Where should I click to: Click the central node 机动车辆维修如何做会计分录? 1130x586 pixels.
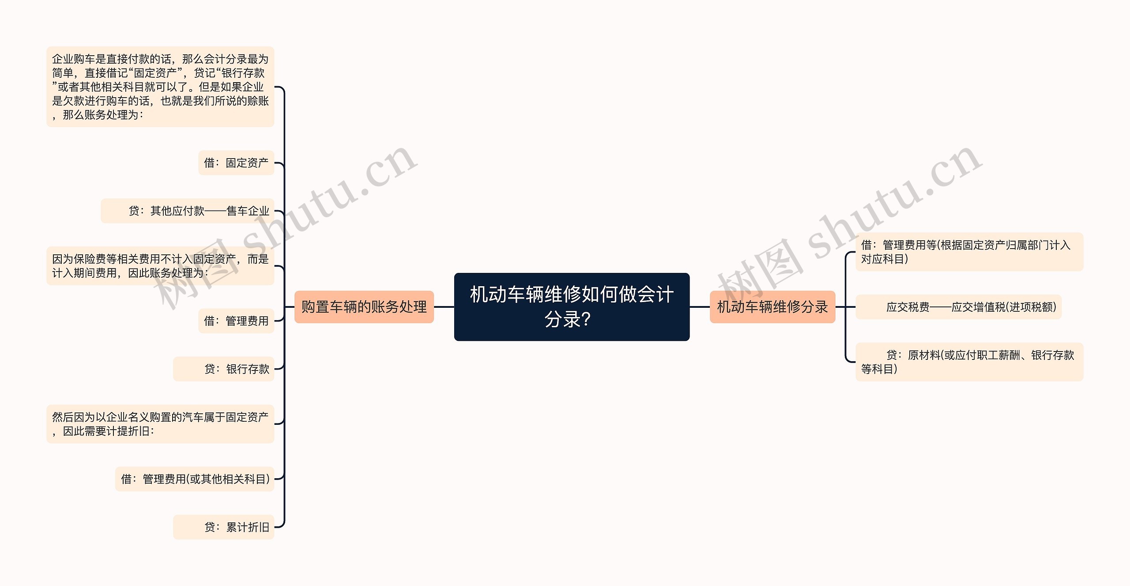click(572, 306)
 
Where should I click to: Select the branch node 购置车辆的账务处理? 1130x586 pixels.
click(364, 306)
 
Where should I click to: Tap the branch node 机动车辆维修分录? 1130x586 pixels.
click(772, 306)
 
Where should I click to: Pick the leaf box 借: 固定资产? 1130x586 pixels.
click(236, 163)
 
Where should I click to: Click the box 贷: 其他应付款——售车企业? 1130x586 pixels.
click(188, 211)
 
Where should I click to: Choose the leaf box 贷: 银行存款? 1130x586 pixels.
click(224, 369)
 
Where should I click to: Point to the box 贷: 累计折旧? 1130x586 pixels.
click(224, 527)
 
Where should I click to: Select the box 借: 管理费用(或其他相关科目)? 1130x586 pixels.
click(195, 479)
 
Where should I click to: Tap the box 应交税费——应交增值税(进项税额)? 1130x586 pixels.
click(958, 307)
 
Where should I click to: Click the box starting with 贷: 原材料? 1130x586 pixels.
click(969, 362)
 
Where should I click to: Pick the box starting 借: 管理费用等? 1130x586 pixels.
click(969, 252)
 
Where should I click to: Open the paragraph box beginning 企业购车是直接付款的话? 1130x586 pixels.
click(160, 87)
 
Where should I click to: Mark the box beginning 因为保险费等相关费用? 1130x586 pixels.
click(160, 266)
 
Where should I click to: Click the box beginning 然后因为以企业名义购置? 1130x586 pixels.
click(160, 424)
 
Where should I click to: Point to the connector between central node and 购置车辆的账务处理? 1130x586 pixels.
click(444, 306)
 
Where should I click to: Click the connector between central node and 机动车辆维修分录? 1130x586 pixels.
click(700, 306)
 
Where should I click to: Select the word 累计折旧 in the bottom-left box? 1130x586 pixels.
click(248, 527)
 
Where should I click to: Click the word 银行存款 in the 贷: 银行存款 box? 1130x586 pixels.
click(248, 369)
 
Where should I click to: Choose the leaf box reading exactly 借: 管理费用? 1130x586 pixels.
click(236, 321)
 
